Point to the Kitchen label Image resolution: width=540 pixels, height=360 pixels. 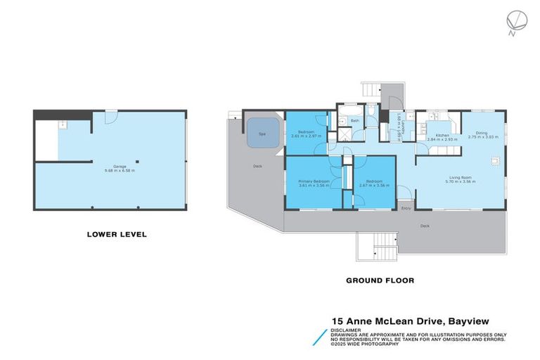coord(442,134)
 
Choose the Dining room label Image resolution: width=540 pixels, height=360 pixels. coord(482,132)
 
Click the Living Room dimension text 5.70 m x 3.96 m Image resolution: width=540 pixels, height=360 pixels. coord(461,181)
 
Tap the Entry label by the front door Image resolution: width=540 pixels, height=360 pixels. coord(405,208)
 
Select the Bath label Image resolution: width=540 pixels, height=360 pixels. coord(355,121)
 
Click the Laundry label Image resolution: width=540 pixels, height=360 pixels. coord(399,127)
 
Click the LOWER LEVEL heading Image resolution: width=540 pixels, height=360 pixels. coord(117,234)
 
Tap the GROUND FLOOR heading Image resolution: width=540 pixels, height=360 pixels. coord(380,280)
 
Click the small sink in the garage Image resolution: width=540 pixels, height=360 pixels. coord(62,124)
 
